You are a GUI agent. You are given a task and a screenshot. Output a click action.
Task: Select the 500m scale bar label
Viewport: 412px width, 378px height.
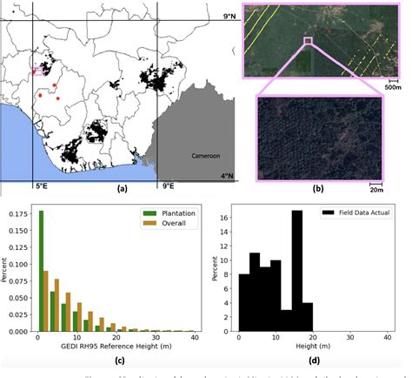point(392,86)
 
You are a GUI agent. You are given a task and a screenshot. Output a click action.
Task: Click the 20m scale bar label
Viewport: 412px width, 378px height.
point(375,188)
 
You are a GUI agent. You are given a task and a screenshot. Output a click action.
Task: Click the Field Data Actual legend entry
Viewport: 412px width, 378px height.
point(363,213)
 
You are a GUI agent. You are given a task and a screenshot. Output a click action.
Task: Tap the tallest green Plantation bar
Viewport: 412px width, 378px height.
point(41,271)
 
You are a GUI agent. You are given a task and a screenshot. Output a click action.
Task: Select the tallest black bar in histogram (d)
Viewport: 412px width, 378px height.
point(296,271)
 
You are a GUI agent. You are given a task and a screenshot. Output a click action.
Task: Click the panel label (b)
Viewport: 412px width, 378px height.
point(318,187)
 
